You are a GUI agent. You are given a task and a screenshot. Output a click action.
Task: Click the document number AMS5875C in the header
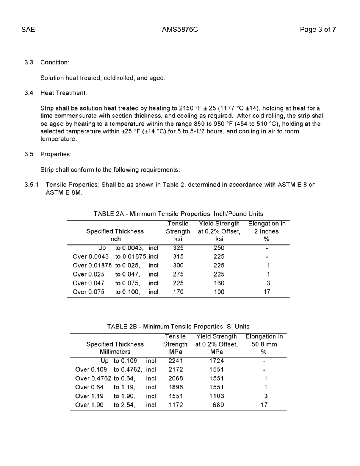(x=180, y=30)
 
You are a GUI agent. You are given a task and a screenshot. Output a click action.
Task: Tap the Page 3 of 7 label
(x=318, y=30)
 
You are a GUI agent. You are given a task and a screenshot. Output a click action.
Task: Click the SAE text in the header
(x=28, y=30)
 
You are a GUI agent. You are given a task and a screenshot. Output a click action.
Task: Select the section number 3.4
(x=29, y=93)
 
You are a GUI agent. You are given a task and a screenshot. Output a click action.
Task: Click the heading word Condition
(x=55, y=62)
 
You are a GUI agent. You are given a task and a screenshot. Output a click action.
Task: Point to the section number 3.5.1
(x=31, y=185)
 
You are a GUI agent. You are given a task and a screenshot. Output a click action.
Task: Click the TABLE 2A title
(x=178, y=214)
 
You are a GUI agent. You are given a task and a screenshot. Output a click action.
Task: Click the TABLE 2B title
(x=178, y=327)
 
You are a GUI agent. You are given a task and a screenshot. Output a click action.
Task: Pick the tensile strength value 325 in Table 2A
(x=178, y=248)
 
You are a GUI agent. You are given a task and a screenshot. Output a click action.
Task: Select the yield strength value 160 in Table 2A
(x=219, y=283)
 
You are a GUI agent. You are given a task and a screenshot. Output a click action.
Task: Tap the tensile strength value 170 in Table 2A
(x=178, y=292)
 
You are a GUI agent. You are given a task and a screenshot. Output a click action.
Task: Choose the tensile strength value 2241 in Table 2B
(x=175, y=361)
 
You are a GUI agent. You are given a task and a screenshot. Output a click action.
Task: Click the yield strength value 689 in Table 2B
(x=218, y=405)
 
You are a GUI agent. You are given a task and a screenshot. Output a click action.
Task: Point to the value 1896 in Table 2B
(x=175, y=387)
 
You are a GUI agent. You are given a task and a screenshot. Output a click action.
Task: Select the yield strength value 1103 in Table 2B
(x=216, y=396)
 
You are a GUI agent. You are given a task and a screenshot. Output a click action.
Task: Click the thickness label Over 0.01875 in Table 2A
(x=92, y=266)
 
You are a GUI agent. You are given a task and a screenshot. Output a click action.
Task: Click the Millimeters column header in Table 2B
(x=115, y=352)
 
